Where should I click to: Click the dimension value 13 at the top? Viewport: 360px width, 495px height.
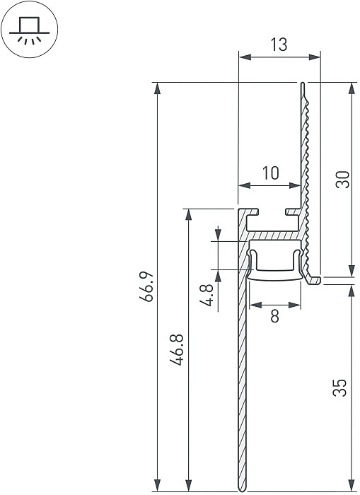(279, 45)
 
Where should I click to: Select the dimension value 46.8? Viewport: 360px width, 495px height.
(176, 349)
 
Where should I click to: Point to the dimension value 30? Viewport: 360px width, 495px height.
(342, 180)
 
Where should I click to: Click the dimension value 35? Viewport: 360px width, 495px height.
(339, 388)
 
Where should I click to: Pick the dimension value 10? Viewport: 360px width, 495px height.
(271, 173)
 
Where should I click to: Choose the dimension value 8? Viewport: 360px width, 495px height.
(275, 315)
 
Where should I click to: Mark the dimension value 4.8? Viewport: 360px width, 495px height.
(207, 295)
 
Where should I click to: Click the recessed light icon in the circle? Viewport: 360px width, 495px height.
(30, 30)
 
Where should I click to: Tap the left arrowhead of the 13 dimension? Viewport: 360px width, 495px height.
(245, 57)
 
